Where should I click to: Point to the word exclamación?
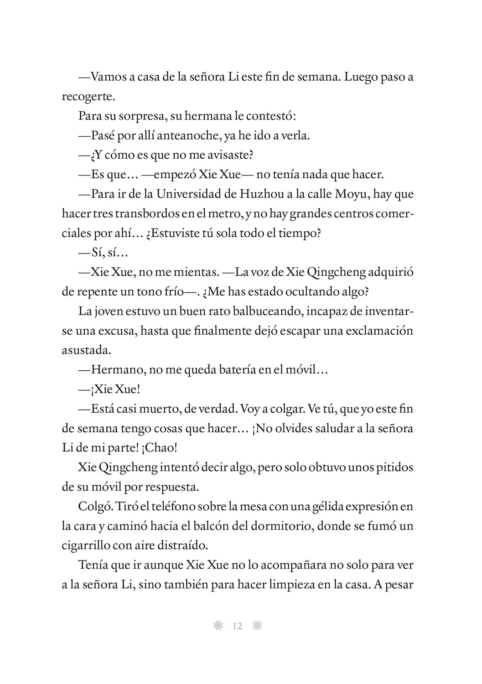point(380,331)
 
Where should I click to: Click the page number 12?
point(237,626)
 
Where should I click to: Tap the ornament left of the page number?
point(218,626)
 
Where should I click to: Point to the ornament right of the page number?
point(257,626)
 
